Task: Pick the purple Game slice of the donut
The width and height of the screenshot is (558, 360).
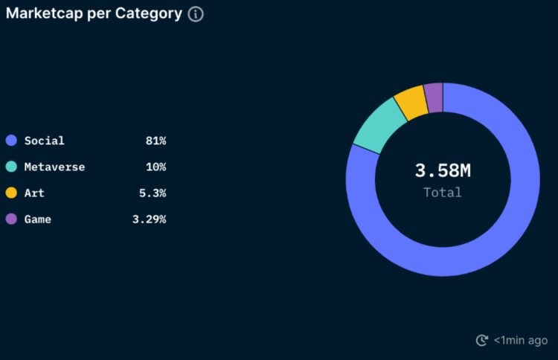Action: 434,97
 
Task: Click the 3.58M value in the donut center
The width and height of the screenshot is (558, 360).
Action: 443,170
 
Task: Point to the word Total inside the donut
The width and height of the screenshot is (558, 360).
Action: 443,193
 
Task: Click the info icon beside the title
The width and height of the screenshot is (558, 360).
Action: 196,14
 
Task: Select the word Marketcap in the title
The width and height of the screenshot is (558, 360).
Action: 43,14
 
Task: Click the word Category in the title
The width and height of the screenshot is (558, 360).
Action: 149,14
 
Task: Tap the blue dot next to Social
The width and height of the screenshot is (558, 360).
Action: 11,141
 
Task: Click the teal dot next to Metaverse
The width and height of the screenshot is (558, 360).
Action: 11,167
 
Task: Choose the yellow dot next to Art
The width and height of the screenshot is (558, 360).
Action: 11,193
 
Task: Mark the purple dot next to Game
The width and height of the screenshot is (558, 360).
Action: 11,219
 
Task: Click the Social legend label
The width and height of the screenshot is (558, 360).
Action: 44,141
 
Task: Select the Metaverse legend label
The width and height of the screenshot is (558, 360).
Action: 54,167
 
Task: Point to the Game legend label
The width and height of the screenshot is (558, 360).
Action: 37,219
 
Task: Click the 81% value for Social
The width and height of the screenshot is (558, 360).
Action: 155,141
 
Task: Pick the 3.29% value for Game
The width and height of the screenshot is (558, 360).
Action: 149,219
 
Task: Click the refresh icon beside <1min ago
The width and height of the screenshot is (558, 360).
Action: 482,340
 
